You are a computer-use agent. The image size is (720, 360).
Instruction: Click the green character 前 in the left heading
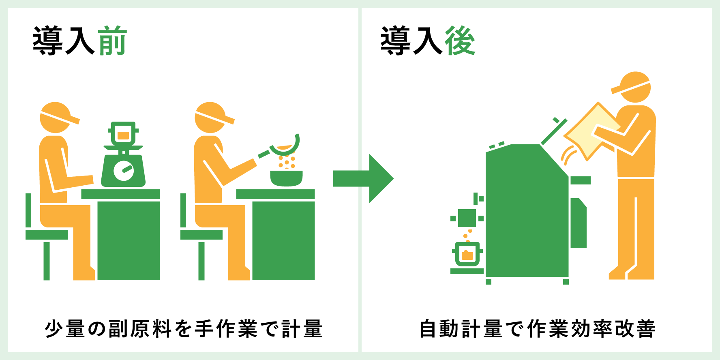113,41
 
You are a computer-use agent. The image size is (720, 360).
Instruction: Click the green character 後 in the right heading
460,41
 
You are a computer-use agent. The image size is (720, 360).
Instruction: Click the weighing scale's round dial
124,170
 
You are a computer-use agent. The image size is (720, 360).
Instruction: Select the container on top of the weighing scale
123,134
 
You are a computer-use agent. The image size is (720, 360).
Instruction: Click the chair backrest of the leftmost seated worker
28,210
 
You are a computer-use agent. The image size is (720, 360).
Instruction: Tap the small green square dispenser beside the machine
467,218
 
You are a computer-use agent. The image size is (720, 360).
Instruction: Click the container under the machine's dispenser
467,255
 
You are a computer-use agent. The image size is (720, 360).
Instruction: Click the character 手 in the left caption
205,328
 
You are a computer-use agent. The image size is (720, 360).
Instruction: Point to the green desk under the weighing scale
129,239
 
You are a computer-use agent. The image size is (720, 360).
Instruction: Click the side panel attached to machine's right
578,223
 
